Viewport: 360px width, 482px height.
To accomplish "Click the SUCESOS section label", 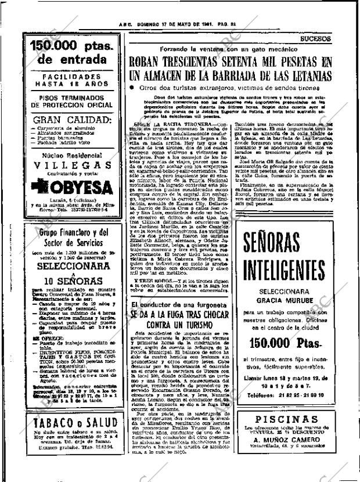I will tap(316, 39).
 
